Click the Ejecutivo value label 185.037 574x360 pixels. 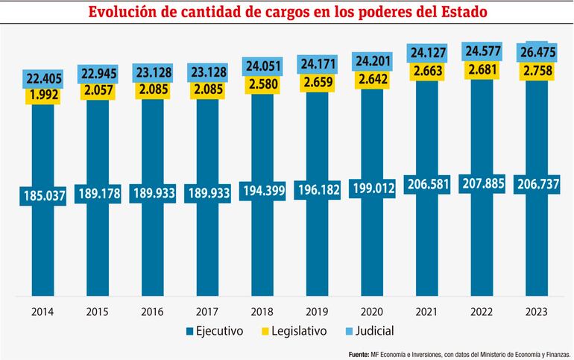46,196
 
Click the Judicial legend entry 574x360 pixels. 370,330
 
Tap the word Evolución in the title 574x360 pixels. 124,13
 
